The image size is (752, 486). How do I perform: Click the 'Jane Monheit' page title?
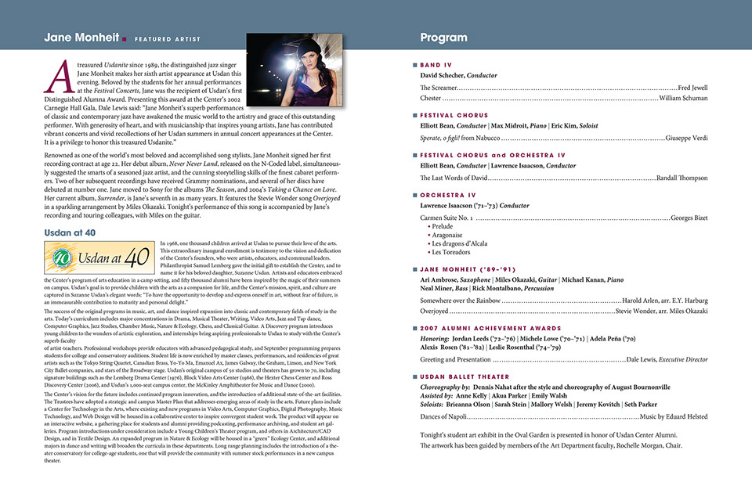(x=81, y=38)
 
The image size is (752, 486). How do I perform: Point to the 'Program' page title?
(x=443, y=38)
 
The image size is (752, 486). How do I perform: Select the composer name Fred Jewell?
(x=692, y=88)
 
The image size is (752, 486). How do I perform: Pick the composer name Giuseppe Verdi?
(x=686, y=138)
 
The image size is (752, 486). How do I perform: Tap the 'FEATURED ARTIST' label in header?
(x=167, y=39)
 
